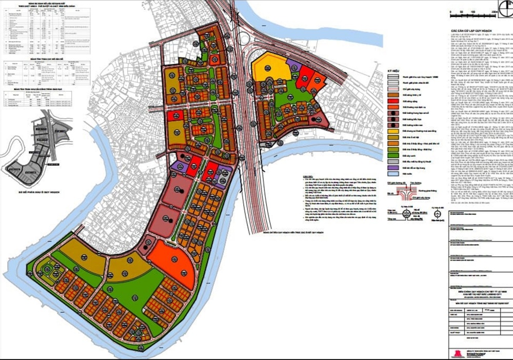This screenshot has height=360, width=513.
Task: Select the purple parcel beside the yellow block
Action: (x=293, y=65)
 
